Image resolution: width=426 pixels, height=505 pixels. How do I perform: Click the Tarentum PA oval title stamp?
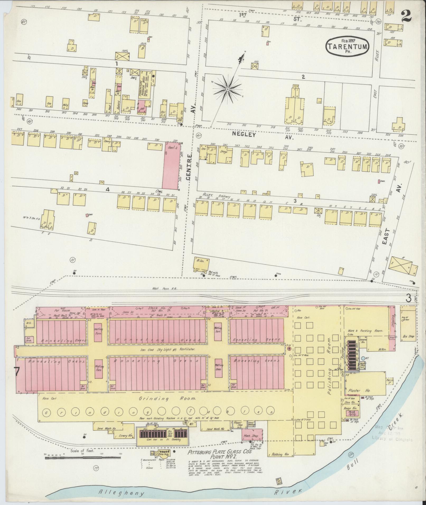coord(348,46)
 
